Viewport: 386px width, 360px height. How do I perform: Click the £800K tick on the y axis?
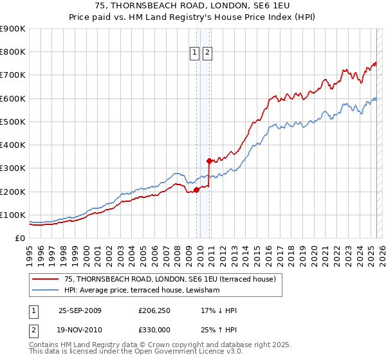point(13,51)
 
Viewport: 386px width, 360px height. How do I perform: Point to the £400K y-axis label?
point(13,145)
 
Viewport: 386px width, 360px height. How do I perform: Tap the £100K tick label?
point(13,215)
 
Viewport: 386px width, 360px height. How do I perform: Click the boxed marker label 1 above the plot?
point(195,54)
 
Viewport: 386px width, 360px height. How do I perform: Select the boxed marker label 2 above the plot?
point(207,54)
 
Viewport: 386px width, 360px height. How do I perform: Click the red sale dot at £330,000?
point(209,161)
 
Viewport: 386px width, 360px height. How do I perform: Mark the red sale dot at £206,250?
point(196,189)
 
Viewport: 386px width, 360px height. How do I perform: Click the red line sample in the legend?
point(46,279)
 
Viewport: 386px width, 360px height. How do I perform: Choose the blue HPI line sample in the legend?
point(46,291)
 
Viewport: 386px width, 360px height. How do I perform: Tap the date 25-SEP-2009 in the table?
point(80,310)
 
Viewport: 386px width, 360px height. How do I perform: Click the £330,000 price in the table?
point(154,329)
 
